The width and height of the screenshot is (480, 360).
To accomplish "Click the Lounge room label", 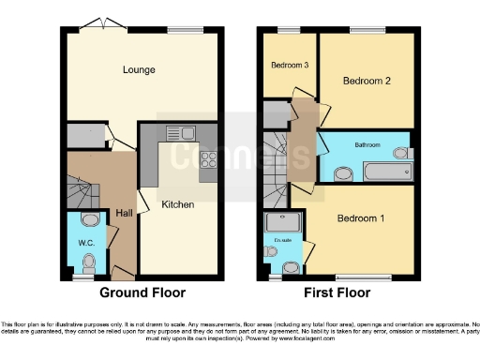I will pos(138,70).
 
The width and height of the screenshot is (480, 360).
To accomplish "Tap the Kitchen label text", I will pos(178,204).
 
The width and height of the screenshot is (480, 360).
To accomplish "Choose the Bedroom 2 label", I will pos(366,81).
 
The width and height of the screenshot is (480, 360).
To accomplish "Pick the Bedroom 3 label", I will pos(289,65).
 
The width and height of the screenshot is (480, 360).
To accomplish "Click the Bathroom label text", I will pos(367,145).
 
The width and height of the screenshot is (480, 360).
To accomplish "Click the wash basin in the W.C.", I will pos(90,219).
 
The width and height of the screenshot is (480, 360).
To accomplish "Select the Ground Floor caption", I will pos(142,292).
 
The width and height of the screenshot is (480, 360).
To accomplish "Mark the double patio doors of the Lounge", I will pos(100,23).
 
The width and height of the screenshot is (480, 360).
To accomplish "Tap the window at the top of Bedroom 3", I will pos(283,30).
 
